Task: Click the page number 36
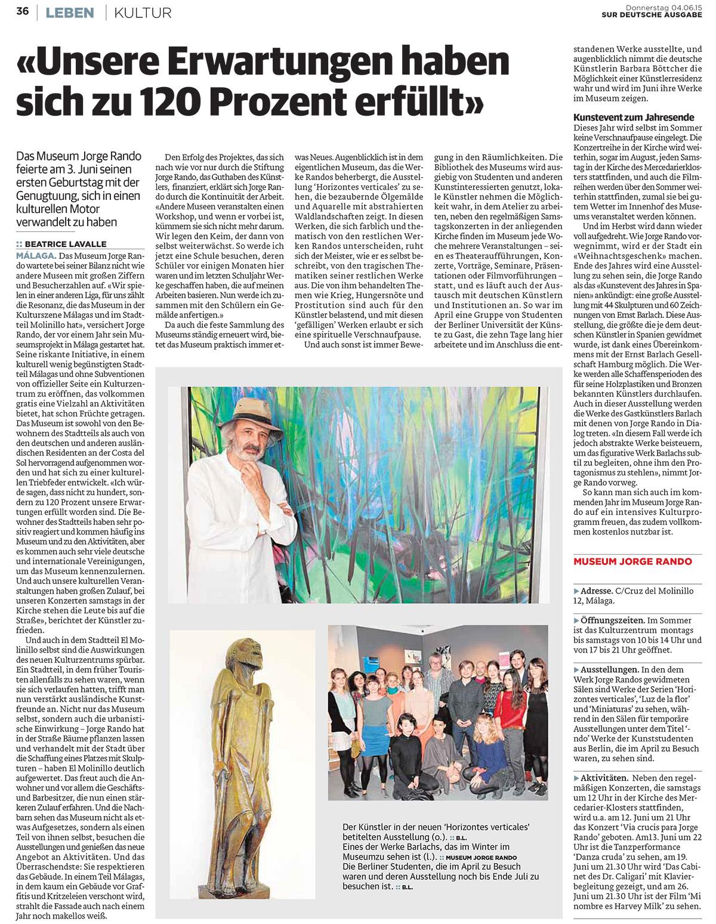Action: pyautogui.click(x=23, y=12)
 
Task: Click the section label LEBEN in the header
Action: pyautogui.click(x=70, y=12)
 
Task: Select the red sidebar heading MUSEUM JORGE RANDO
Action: pyautogui.click(x=632, y=561)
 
